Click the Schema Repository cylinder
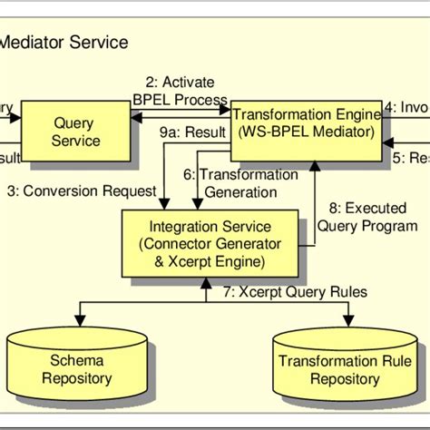[77, 366]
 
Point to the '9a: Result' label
[192, 132]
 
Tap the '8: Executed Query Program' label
[368, 217]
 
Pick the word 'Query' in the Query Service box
[77, 122]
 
